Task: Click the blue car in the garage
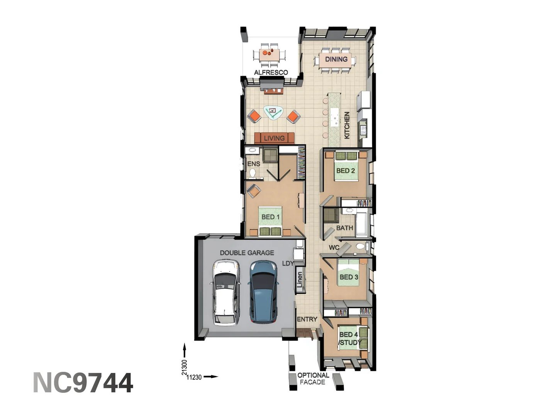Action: tap(263, 292)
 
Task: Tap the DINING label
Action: tap(336, 59)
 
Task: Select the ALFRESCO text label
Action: tap(271, 72)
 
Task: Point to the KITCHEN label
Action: tap(347, 125)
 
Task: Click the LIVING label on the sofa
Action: tap(274, 138)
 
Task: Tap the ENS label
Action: tap(254, 164)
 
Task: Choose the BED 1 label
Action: tap(270, 217)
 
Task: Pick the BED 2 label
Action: tap(345, 170)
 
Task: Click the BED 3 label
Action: tap(349, 277)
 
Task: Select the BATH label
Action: tap(344, 228)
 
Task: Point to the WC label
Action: tap(334, 247)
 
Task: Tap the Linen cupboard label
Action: tap(300, 280)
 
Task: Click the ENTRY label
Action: tap(307, 319)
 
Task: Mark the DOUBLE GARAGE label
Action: tap(247, 253)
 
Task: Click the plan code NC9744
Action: tap(83, 383)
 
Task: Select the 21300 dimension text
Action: tap(185, 367)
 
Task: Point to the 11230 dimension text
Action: tap(194, 377)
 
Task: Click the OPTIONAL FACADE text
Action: tap(313, 378)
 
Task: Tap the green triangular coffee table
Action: tap(273, 112)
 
